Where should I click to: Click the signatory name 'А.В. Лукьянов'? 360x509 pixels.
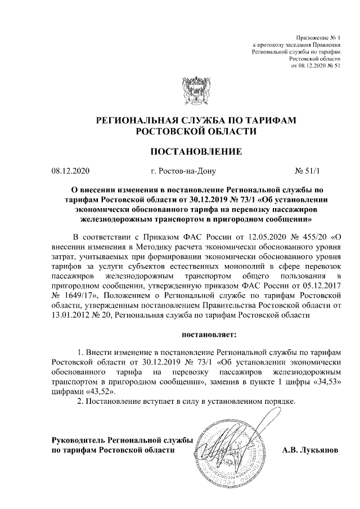click(309, 450)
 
